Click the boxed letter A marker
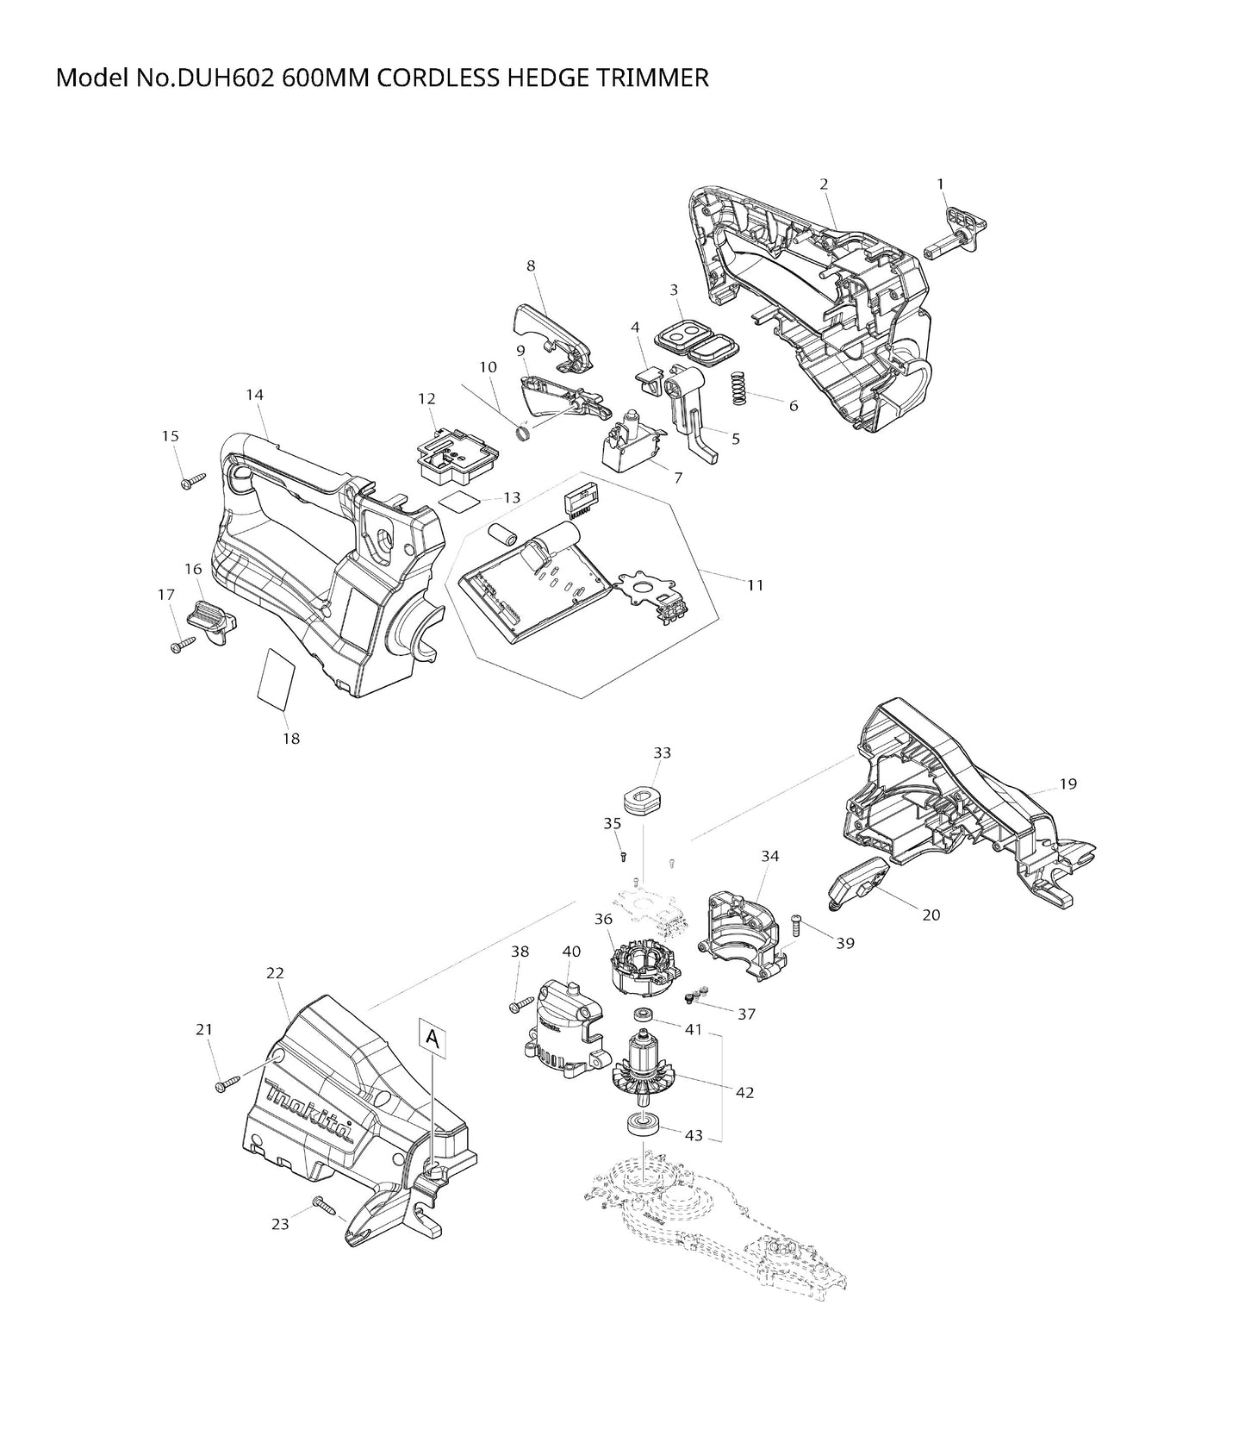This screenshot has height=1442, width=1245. (x=433, y=1040)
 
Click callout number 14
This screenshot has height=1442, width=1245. (x=254, y=395)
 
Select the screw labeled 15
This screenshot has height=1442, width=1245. (x=192, y=479)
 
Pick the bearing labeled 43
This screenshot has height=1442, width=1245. (x=641, y=1126)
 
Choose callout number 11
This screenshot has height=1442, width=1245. (x=756, y=585)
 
